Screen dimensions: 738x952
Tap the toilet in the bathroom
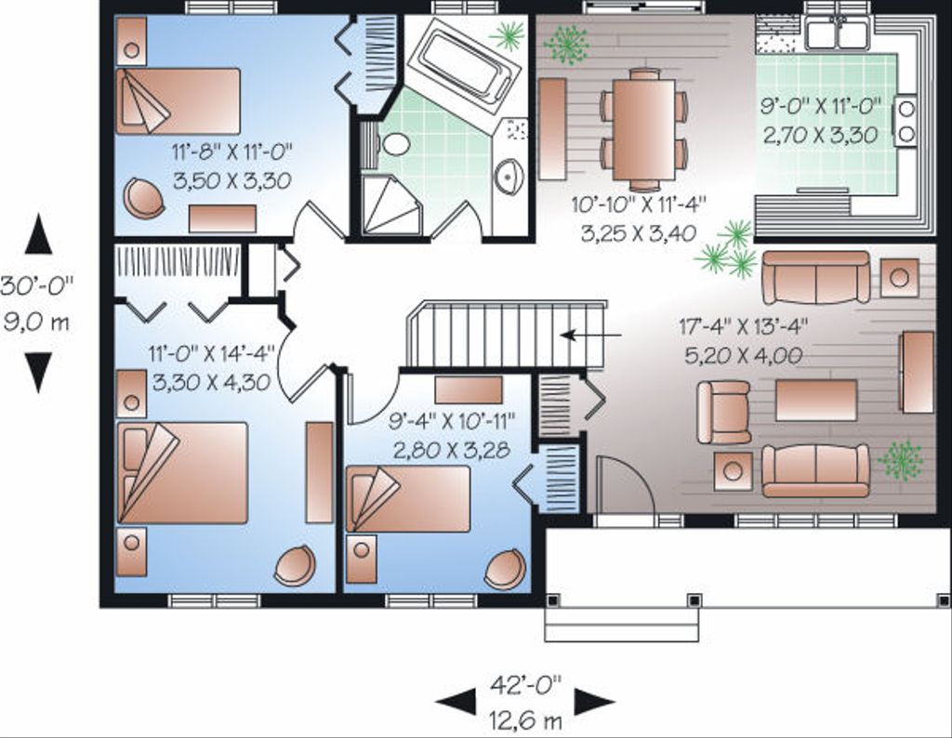tap(397, 144)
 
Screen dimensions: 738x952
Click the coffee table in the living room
tap(815, 399)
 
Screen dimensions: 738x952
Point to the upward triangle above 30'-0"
tap(38, 235)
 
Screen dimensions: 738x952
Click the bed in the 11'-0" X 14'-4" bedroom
tap(183, 472)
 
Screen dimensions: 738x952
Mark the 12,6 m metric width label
tap(526, 718)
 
